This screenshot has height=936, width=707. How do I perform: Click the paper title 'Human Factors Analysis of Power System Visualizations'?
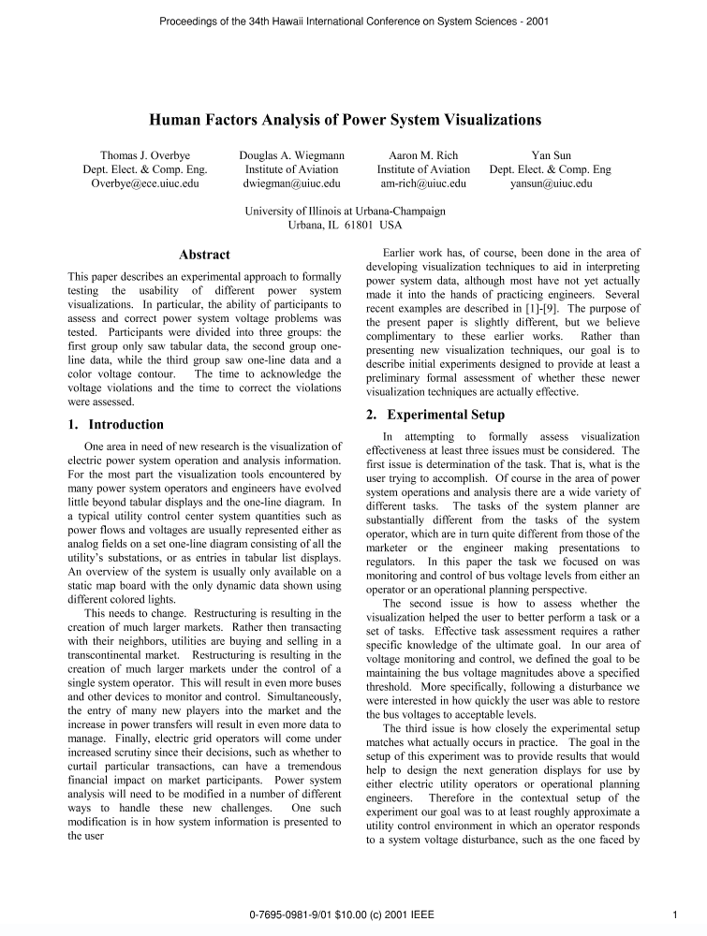[x=346, y=120]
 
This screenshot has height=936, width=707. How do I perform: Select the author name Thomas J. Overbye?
[x=144, y=155]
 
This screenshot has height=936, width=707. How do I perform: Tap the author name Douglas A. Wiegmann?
[x=291, y=155]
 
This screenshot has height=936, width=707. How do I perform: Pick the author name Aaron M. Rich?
[x=423, y=155]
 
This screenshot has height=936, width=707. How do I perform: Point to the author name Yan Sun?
[x=551, y=155]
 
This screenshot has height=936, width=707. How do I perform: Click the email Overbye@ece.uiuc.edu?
[x=144, y=183]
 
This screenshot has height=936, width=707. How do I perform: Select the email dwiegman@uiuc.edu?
[x=291, y=183]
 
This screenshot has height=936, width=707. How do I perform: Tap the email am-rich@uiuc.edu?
[x=423, y=183]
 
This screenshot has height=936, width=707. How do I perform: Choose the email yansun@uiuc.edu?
[x=551, y=183]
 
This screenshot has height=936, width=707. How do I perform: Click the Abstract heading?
[x=204, y=255]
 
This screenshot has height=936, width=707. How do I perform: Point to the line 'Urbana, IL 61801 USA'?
[x=345, y=226]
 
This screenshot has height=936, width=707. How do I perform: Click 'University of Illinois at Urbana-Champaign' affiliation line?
[x=345, y=212]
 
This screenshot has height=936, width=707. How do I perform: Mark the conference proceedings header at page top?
[x=353, y=20]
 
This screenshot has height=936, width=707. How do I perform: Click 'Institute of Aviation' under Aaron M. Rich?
[x=423, y=169]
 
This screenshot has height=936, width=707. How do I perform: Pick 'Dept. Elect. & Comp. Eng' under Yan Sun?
[x=551, y=169]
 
